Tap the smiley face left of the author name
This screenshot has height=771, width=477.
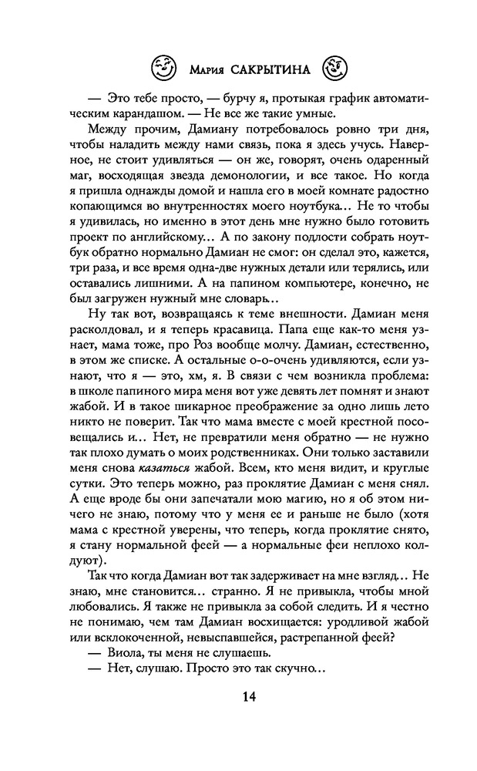[x=164, y=69]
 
